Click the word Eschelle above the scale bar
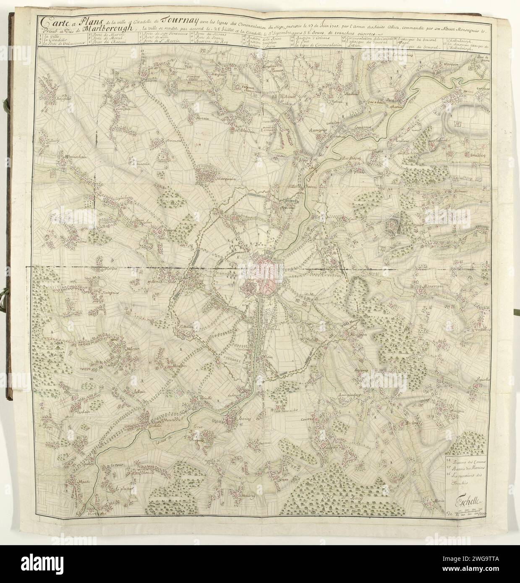pyautogui.click(x=469, y=501)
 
